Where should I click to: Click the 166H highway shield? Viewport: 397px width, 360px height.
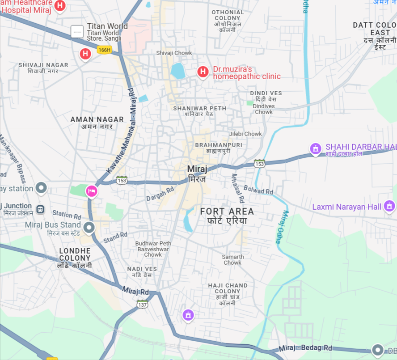tap(104, 50)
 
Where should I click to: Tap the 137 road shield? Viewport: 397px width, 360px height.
tap(142, 305)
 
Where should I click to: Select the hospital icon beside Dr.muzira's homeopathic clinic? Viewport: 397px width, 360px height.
tap(203, 72)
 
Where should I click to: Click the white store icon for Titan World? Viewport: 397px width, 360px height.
tap(77, 32)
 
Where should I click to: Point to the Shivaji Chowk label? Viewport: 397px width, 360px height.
tap(174, 53)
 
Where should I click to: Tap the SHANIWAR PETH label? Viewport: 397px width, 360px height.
tap(199, 108)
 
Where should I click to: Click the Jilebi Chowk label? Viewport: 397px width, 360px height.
tap(245, 134)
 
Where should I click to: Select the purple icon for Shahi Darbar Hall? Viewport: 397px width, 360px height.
tap(316, 148)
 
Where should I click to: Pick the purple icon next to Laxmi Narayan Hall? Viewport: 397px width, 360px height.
tap(389, 206)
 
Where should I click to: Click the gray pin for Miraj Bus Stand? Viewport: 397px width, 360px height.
tap(89, 228)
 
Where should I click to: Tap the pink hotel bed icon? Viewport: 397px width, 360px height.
tap(92, 191)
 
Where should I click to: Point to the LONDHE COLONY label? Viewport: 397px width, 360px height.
tap(75, 254)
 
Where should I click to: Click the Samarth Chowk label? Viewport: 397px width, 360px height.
tap(233, 260)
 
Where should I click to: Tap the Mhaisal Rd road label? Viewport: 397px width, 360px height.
tap(237, 187)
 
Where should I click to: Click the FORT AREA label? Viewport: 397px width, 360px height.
tap(227, 212)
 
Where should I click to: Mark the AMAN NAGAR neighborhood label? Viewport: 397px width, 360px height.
tap(97, 119)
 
